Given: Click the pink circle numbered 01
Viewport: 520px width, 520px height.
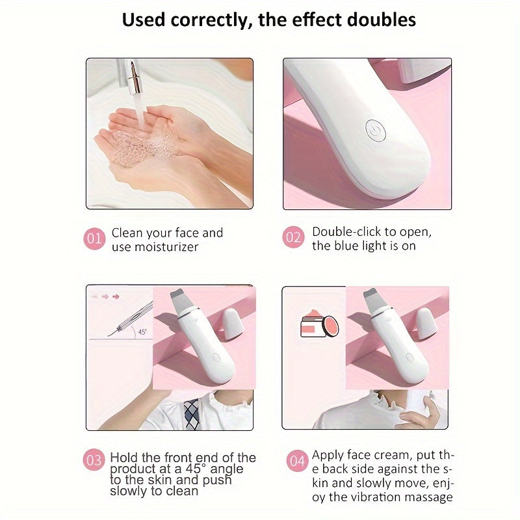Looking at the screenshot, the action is [x=94, y=239].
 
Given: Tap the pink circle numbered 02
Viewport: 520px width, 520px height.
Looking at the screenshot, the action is [x=293, y=237].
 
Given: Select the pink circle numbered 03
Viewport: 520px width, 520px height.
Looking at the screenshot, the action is [x=94, y=460].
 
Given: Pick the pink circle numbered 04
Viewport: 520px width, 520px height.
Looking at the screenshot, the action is [x=297, y=461].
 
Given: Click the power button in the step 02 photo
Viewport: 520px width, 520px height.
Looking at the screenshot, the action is [x=376, y=131].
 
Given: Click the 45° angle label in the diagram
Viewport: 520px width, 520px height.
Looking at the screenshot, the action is [x=142, y=331].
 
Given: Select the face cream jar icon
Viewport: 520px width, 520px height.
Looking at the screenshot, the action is [x=320, y=326].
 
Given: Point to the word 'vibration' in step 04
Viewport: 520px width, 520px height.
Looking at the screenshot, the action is [x=375, y=497].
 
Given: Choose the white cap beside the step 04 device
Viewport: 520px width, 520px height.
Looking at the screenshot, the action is [x=426, y=323].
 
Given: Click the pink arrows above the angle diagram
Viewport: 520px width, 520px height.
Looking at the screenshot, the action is [x=106, y=296].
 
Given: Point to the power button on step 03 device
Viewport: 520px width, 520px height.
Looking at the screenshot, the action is [x=216, y=357].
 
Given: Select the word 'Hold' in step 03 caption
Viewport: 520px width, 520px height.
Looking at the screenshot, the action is [x=124, y=458].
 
